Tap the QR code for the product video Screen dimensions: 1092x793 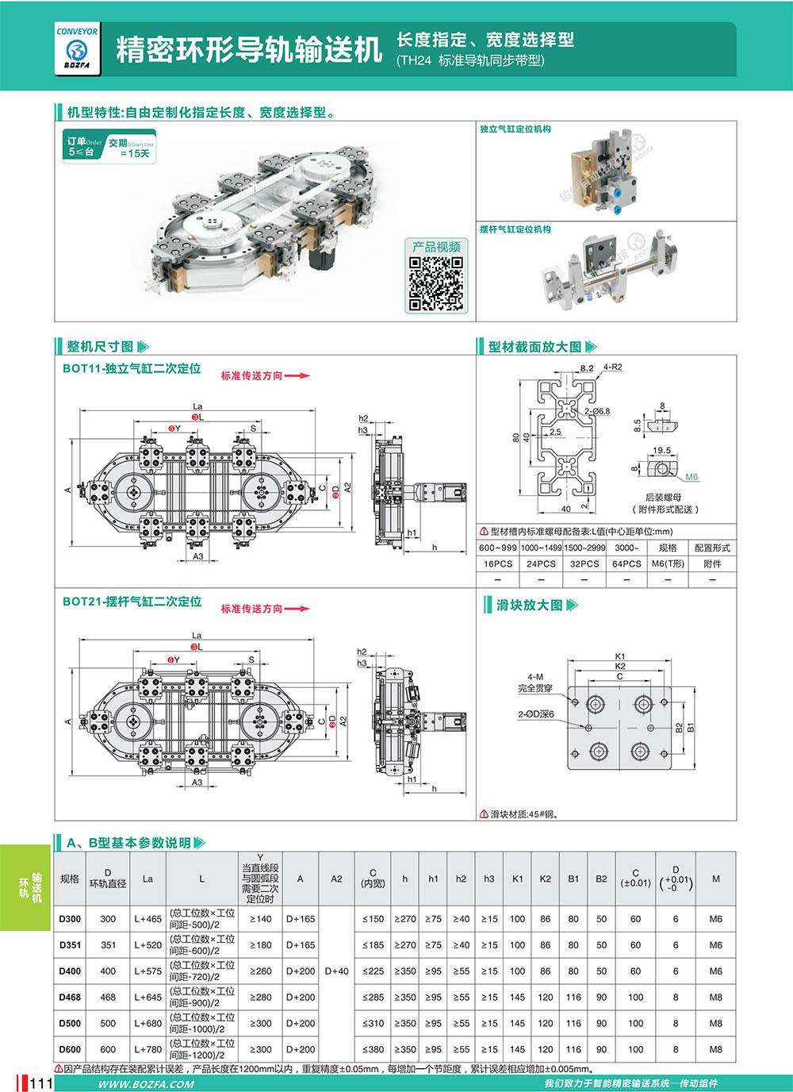pos(435,283)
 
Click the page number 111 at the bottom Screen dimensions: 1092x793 pos(40,1083)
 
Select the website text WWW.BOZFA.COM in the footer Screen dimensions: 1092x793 pos(146,1084)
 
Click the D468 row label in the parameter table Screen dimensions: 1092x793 pos(70,998)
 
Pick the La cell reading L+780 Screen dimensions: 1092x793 pos(147,1049)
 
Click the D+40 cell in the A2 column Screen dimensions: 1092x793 pos(336,971)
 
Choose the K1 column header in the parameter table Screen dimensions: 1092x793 pos(517,879)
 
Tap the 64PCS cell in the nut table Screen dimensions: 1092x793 pos(626,563)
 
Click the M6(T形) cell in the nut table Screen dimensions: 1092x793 pos(668,563)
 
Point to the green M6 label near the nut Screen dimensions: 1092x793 pos(691,477)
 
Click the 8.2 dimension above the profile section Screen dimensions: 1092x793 pos(586,368)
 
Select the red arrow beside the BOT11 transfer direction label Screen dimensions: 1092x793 pos(297,375)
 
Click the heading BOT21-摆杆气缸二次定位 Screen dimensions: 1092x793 pos(132,602)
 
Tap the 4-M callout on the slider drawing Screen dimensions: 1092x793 pos(535,677)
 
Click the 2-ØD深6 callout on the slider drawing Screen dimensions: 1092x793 pos(535,714)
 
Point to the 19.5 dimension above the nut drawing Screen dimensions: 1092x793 pos(661,451)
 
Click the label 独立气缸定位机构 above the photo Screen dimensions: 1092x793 pos(515,129)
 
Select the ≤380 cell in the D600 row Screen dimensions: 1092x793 pos(373,1049)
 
